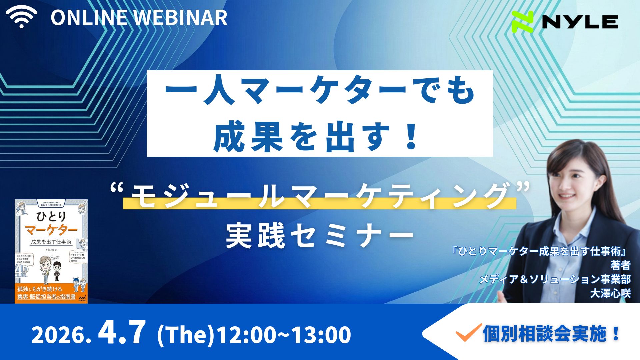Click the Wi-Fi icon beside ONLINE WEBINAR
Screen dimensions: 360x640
(x=21, y=17)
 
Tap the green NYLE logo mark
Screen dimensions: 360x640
(x=522, y=22)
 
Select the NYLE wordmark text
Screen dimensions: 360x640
(x=580, y=22)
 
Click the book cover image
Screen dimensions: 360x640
(x=51, y=251)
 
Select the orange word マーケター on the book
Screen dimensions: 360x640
(x=51, y=230)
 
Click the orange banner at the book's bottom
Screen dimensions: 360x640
(x=51, y=293)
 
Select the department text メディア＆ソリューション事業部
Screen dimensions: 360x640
(x=555, y=279)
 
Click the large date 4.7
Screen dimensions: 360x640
(x=122, y=333)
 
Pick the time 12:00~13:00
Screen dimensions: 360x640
(x=284, y=335)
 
